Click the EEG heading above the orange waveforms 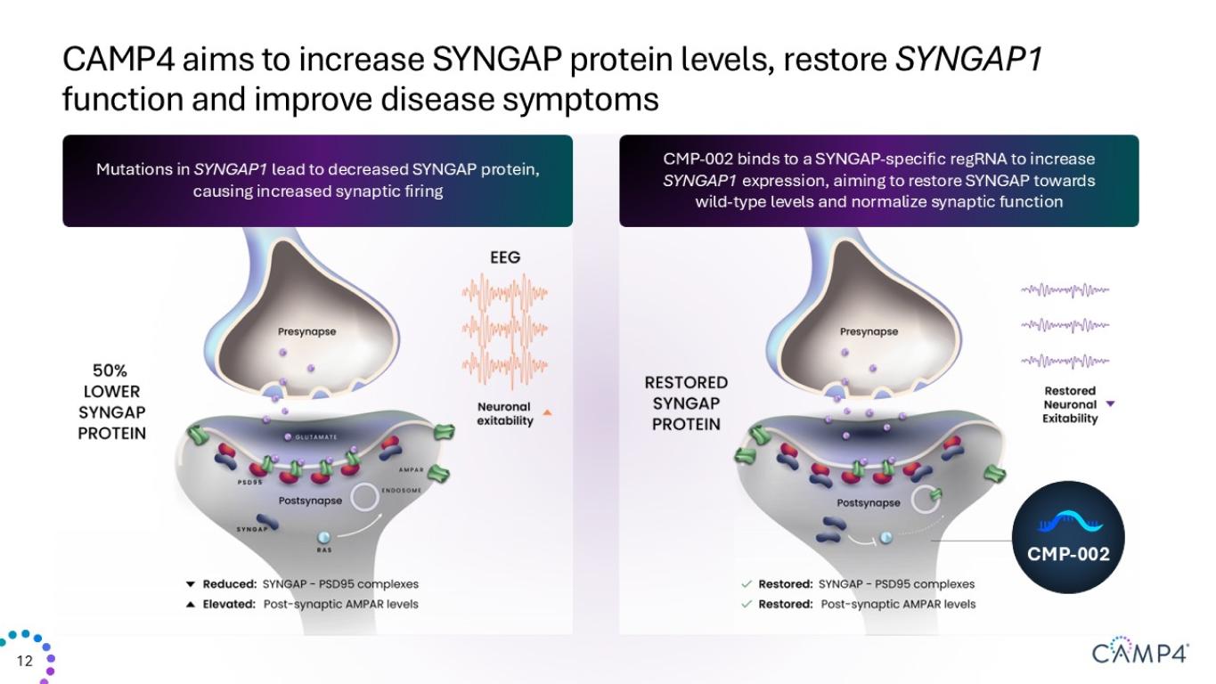505,257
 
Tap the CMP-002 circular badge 1068,537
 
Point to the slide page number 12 25,661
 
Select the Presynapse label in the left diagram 306,331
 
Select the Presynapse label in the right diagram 869,331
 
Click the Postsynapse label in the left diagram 310,501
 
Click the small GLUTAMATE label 316,437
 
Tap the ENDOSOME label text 401,491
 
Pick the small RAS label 324,550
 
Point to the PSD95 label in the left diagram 249,482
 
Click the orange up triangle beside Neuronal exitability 547,413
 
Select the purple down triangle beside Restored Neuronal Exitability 1110,403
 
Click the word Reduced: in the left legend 230,584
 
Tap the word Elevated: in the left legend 229,604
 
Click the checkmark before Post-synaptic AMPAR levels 747,604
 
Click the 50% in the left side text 110,370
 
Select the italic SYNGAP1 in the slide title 969,59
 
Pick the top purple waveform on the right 1065,290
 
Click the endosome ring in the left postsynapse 364,497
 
